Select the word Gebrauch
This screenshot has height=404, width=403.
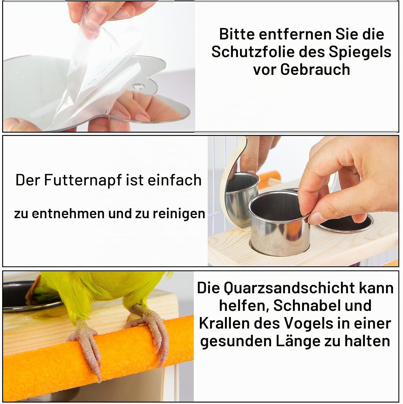(x=315, y=69)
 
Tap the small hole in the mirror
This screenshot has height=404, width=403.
(x=138, y=86)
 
